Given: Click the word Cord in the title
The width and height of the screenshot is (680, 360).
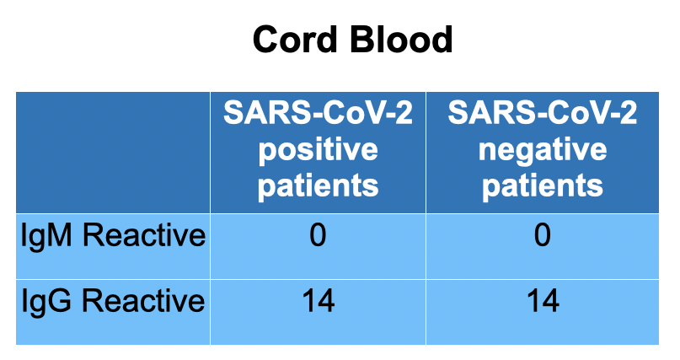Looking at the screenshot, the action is click(x=295, y=40).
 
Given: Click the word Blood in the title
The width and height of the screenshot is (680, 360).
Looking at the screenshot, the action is click(x=401, y=40).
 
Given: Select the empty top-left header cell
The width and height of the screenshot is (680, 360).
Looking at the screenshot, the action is click(x=113, y=153).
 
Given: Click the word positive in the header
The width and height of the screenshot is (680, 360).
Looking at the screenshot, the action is click(x=318, y=150).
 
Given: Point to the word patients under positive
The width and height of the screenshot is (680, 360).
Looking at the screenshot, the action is click(x=318, y=186).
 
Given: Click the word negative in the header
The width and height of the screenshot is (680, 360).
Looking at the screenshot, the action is click(x=543, y=151).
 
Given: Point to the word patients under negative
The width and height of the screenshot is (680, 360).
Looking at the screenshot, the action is click(x=543, y=186).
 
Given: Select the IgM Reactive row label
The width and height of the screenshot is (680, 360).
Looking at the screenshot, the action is click(x=113, y=236).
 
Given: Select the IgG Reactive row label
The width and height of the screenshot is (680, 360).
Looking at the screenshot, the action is click(x=113, y=301).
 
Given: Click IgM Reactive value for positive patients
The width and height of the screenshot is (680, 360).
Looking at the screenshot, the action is click(x=318, y=235).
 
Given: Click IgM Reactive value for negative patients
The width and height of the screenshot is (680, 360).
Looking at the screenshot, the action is click(x=543, y=235).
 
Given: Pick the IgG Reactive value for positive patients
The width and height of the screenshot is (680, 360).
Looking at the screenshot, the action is click(x=319, y=301).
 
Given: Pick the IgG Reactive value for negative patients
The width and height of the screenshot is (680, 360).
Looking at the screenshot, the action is click(x=543, y=301).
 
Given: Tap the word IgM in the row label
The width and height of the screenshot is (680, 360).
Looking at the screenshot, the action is click(x=46, y=237).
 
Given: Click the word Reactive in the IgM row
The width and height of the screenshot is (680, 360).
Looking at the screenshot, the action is click(x=144, y=235).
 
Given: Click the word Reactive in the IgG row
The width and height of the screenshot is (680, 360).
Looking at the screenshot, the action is click(x=143, y=301).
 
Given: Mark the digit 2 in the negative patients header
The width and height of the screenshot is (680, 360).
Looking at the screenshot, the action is click(x=629, y=112).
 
